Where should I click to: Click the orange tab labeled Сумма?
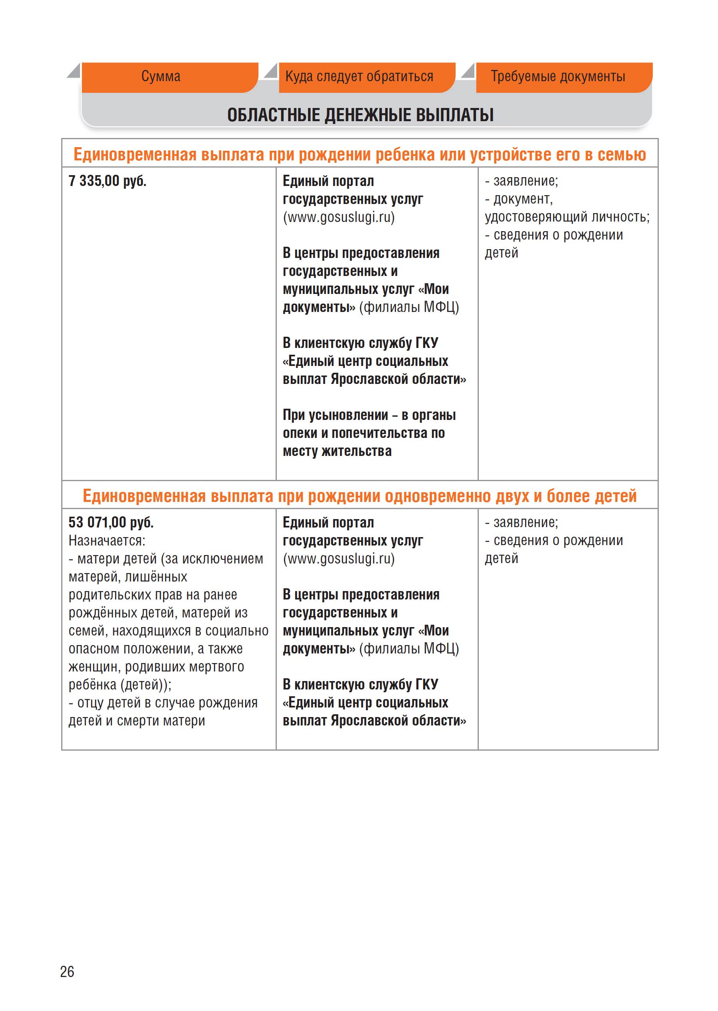(161, 77)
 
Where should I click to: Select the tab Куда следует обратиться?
(359, 77)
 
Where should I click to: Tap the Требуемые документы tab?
(558, 77)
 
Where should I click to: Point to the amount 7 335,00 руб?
(108, 181)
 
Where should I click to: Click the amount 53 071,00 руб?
(111, 523)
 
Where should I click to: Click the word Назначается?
(106, 541)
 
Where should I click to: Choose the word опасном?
(94, 649)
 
